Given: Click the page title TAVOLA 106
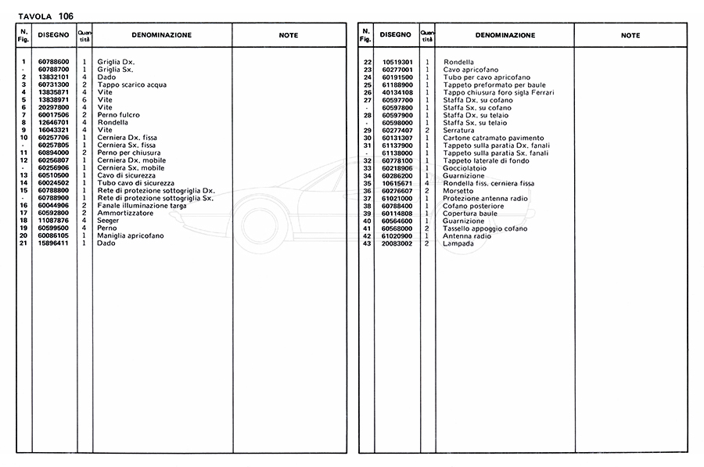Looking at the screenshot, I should (45, 16).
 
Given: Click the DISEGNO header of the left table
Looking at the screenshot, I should (54, 35).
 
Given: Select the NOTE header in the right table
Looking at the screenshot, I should (630, 35).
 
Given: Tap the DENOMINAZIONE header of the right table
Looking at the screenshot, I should (505, 35).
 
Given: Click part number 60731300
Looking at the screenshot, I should (54, 84).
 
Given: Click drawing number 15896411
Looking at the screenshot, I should (54, 243).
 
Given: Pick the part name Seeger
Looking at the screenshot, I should (107, 221).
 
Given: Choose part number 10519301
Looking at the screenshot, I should (397, 62).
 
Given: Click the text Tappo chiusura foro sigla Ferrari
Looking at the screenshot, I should (498, 92).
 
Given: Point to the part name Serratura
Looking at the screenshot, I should (458, 130).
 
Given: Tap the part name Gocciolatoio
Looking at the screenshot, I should (465, 168).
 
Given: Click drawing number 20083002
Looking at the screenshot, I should (397, 243).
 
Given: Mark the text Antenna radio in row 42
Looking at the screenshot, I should (467, 235).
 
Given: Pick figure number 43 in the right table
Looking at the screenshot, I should (366, 243).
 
